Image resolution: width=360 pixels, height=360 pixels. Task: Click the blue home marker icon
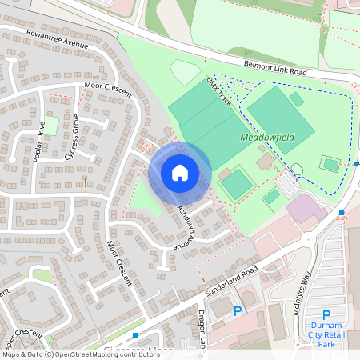click(180, 172)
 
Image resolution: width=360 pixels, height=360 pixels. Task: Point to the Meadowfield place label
click(267, 138)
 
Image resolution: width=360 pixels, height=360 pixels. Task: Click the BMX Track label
click(218, 93)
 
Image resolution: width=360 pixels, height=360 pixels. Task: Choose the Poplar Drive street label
click(39, 141)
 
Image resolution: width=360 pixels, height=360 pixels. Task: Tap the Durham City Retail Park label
click(326, 334)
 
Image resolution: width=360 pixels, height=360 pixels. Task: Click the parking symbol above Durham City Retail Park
click(326, 315)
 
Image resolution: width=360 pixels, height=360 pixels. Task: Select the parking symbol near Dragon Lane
click(237, 311)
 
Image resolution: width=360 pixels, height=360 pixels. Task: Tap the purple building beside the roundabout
click(301, 210)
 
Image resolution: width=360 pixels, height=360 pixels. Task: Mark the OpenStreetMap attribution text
click(80, 354)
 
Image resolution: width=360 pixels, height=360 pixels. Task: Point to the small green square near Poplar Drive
click(50, 125)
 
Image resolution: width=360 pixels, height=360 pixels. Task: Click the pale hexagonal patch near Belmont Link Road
click(185, 73)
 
